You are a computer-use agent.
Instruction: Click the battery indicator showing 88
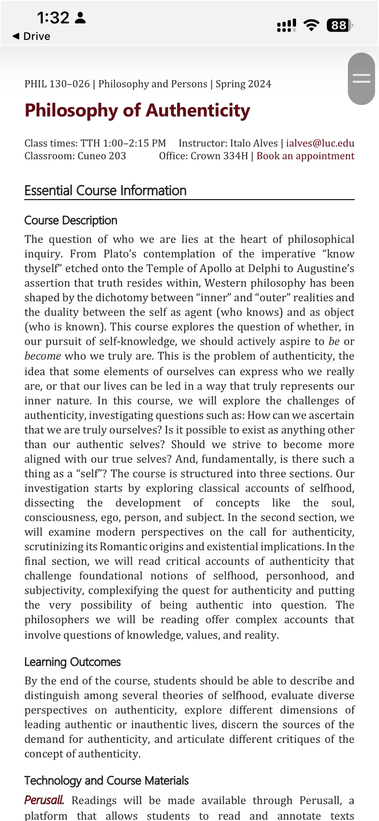tap(339, 25)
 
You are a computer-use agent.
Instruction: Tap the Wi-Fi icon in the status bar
tap(311, 25)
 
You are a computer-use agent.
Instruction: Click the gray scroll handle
tap(361, 78)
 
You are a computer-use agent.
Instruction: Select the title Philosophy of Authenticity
tap(137, 110)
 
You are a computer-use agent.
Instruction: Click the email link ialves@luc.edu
tap(320, 143)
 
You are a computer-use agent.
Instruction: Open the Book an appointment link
tap(305, 156)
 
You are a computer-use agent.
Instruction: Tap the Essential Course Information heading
tap(105, 191)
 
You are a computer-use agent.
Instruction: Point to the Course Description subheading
tap(71, 220)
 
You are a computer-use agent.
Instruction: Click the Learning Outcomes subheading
tap(72, 662)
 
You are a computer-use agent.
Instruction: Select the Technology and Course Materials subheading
tap(106, 780)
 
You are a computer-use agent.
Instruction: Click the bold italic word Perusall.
tap(44, 800)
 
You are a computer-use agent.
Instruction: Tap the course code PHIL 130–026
tap(57, 84)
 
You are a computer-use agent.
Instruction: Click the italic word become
tap(43, 356)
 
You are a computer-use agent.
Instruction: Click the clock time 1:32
tap(53, 18)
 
